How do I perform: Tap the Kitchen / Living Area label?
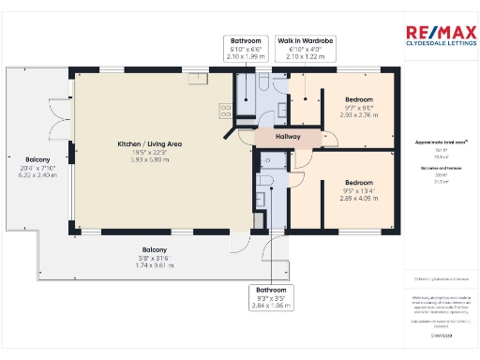[150, 144]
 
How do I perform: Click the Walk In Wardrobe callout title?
[307, 41]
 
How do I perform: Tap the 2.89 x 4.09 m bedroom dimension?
[358, 198]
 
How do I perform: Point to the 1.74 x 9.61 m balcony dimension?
[150, 265]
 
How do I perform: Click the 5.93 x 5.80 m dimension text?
[150, 159]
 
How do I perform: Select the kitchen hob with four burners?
[227, 111]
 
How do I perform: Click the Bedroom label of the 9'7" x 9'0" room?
[358, 99]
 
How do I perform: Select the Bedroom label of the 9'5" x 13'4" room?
[358, 182]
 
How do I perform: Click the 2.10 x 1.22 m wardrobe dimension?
[307, 56]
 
